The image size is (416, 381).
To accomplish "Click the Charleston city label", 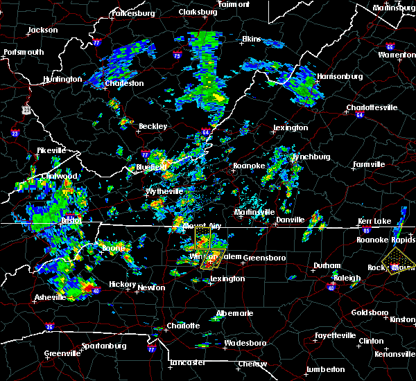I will point(124,84).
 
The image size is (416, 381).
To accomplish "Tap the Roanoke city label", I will point(248,166).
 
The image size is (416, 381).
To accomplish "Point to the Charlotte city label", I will point(183,326).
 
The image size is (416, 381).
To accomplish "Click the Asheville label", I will point(51,298).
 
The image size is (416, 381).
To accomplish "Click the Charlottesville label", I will point(372,107).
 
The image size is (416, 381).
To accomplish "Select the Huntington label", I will point(62,79).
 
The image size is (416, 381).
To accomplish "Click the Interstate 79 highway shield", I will point(177,56).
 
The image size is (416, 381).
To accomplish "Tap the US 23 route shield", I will point(26,109).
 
